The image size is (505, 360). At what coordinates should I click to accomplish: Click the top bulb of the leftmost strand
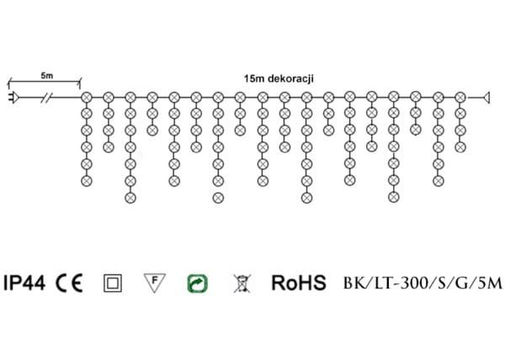tap(86, 98)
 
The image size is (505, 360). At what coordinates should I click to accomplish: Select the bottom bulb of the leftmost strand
tap(86, 180)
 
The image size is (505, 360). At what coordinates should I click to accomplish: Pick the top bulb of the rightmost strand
tap(460, 98)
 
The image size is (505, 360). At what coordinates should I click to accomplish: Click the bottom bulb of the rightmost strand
tap(460, 146)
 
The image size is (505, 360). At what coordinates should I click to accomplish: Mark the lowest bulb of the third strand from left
tap(130, 197)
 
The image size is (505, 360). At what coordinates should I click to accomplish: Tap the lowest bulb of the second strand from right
tap(438, 180)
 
